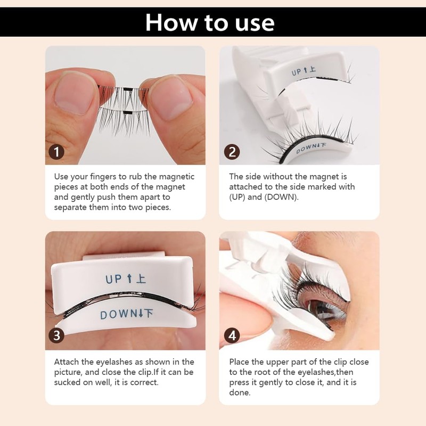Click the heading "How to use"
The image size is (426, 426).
tap(210, 22)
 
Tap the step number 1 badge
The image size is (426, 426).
tap(56, 152)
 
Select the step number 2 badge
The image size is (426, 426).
tap(232, 152)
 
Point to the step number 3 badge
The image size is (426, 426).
tap(56, 335)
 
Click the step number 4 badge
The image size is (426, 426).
tap(232, 335)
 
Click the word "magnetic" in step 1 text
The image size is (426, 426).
tap(177, 177)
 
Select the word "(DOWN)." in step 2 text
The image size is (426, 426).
tap(281, 197)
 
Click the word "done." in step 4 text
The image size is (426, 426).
tap(240, 392)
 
